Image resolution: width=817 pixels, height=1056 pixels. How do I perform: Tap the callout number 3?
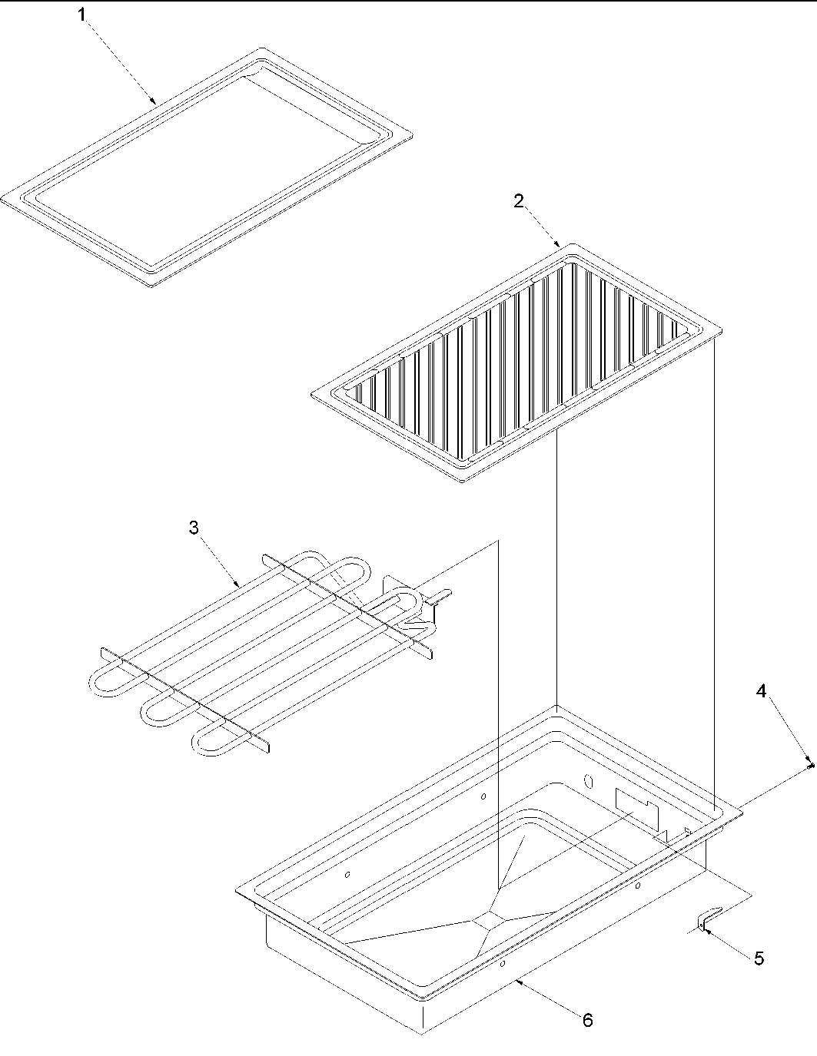point(194,528)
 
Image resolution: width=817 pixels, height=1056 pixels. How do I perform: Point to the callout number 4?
point(761,691)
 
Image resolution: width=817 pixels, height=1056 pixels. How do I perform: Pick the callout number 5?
point(759,958)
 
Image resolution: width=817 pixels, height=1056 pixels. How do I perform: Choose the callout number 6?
point(587,1020)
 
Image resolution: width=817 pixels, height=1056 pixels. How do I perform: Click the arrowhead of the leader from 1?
point(156,102)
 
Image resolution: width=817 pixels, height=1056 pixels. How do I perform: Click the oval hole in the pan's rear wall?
point(590,782)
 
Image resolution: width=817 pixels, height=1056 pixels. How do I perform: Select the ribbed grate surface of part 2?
point(515,361)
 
